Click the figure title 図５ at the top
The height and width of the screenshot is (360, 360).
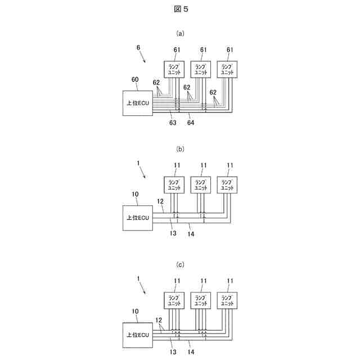(x=180, y=9)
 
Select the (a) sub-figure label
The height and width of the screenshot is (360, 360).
(x=180, y=33)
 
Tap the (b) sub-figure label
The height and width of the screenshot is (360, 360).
(x=180, y=149)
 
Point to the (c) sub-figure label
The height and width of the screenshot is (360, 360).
(x=180, y=264)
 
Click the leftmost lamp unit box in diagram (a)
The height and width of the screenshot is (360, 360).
(x=173, y=69)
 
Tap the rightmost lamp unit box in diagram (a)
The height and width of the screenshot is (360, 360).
(x=227, y=69)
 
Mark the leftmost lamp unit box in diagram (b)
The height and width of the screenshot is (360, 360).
(x=173, y=184)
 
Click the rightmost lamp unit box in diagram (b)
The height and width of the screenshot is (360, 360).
(x=227, y=184)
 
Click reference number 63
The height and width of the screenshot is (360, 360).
(x=173, y=122)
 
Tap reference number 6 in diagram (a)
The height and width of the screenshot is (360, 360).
(x=138, y=49)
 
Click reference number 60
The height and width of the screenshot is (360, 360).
(x=135, y=80)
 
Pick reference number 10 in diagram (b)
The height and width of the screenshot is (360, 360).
(x=135, y=195)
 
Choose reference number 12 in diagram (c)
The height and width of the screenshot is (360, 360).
(x=159, y=319)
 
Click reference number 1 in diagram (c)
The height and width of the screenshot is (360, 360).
(x=138, y=278)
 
